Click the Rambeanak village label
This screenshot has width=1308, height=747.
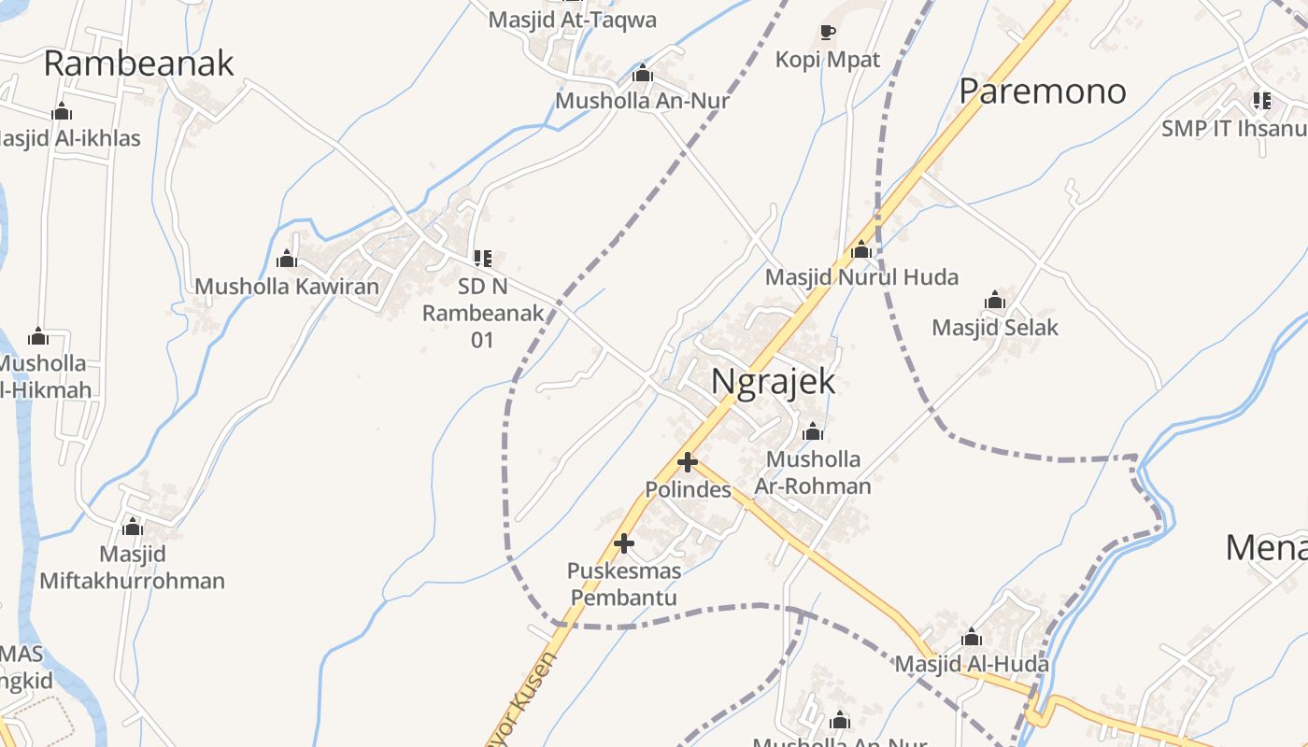[x=138, y=63]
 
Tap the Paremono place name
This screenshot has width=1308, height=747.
[x=1043, y=92]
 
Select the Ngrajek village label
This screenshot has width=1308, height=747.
[x=773, y=382]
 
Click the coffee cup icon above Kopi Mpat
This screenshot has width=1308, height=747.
[x=827, y=33]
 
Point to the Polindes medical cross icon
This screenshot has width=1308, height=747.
[x=688, y=462]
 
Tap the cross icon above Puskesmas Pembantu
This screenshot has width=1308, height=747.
[x=624, y=543]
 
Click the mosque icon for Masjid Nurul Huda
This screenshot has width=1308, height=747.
[x=861, y=250]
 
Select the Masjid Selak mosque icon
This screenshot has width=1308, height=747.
[x=995, y=301]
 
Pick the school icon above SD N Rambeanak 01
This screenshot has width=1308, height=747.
[x=482, y=258]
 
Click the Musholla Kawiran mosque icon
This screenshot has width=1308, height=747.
[x=287, y=259]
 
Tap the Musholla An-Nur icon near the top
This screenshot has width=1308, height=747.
[x=642, y=74]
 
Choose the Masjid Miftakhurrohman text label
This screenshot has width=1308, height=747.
[x=133, y=568]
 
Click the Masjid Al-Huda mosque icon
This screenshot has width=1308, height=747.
[x=972, y=637]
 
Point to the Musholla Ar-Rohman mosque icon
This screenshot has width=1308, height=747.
[x=813, y=431]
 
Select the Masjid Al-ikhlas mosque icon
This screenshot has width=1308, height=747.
[x=62, y=112]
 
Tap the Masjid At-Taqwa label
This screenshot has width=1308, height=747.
[x=573, y=20]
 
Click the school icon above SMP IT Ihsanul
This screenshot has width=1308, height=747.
[x=1261, y=101]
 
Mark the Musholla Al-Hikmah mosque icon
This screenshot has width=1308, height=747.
[x=38, y=336]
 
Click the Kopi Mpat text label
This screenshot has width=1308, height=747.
[x=828, y=60]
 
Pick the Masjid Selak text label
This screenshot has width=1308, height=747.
[x=995, y=328]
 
